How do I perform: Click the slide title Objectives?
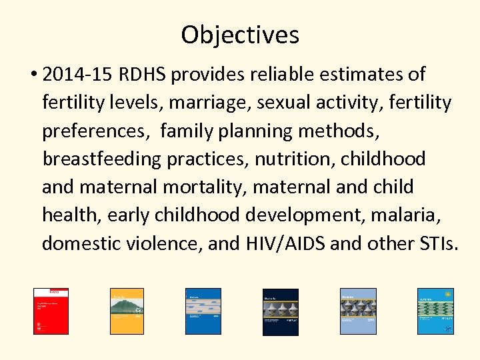point(240,35)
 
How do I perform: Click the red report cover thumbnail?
point(51,311)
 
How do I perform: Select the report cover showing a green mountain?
point(127,311)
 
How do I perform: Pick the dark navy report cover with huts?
point(280,311)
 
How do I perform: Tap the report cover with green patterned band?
point(435,311)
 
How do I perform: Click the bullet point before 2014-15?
point(33,75)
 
